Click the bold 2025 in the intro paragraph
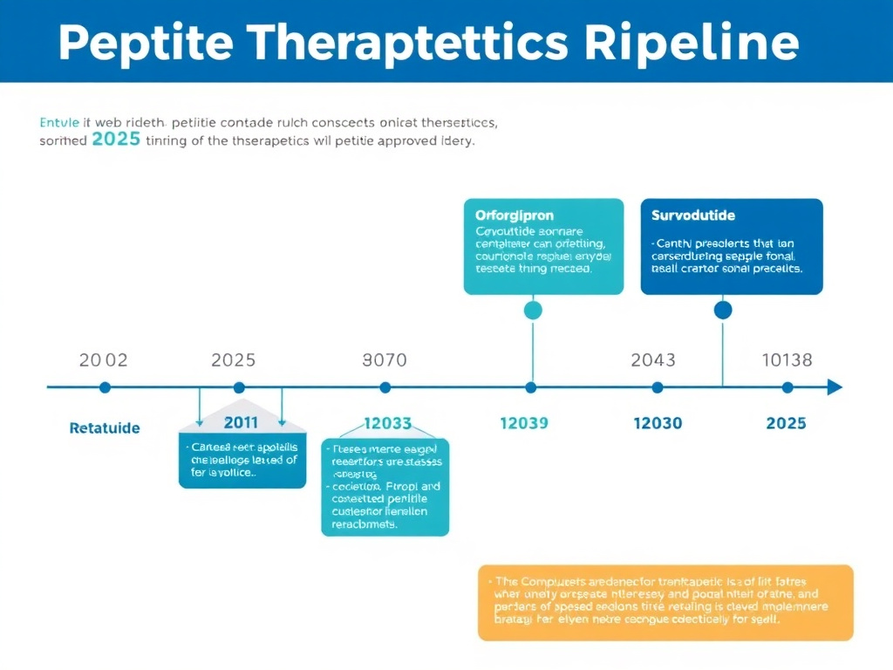tap(116, 140)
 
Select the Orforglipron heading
tap(515, 215)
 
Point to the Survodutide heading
tap(693, 215)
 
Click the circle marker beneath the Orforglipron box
tap(532, 310)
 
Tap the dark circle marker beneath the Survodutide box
tap(723, 310)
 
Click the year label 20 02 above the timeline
tap(103, 359)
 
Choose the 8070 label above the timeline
tap(384, 359)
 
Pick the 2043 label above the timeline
tap(653, 359)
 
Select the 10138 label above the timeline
tap(787, 359)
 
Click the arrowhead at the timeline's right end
tap(835, 387)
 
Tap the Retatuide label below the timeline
tap(105, 428)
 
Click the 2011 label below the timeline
tap(241, 423)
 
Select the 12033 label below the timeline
tap(387, 423)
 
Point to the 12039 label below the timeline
tap(523, 423)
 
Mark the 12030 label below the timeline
tap(658, 423)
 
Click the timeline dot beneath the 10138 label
tap(787, 387)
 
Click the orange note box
tap(665, 602)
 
